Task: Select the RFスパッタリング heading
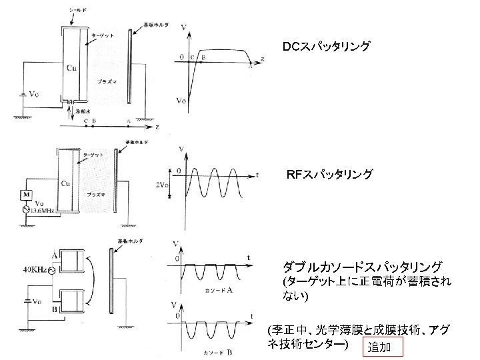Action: click(x=329, y=175)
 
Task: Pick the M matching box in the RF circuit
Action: click(x=27, y=194)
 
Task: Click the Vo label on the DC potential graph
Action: click(x=181, y=101)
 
